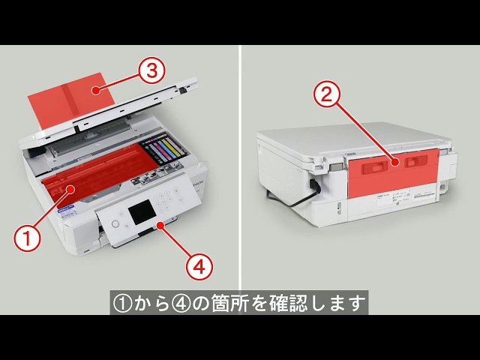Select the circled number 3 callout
(151, 72)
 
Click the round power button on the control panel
(115, 223)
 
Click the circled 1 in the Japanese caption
(122, 304)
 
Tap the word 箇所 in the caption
(235, 304)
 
